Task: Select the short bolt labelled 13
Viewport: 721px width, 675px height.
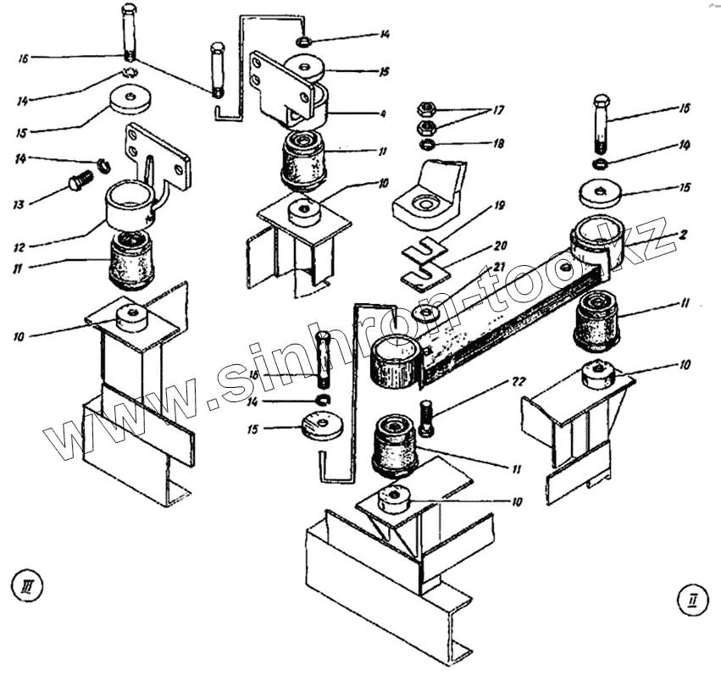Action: point(80,180)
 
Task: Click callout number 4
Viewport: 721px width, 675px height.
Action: point(382,113)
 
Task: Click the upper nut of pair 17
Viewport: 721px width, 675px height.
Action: point(427,109)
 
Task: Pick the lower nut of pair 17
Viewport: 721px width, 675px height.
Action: point(428,128)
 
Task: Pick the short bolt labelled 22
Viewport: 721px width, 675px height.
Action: point(425,419)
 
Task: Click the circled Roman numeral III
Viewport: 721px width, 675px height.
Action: point(25,584)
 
